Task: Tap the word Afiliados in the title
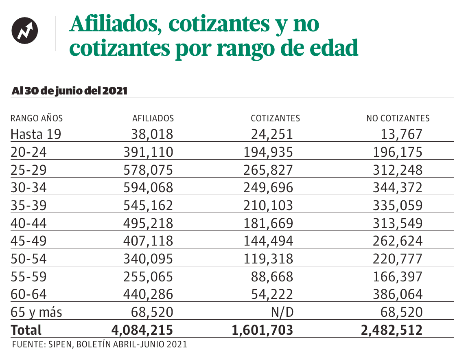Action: point(114,24)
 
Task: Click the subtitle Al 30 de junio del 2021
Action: point(70,91)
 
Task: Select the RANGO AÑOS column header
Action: point(37,119)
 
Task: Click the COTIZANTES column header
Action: point(275,119)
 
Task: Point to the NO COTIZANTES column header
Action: point(398,119)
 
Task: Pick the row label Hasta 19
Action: point(36,134)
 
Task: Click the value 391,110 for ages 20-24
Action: point(148,152)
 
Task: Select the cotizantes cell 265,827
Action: point(268,170)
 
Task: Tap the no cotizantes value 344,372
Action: point(398,188)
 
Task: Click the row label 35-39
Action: point(28,206)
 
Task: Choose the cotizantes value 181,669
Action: point(268,224)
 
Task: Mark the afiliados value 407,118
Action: point(148,241)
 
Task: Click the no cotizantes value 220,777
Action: point(398,259)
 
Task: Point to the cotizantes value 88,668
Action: point(272,277)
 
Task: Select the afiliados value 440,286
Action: point(148,294)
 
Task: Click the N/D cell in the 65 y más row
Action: point(282,312)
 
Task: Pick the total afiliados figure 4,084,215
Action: point(142,330)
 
